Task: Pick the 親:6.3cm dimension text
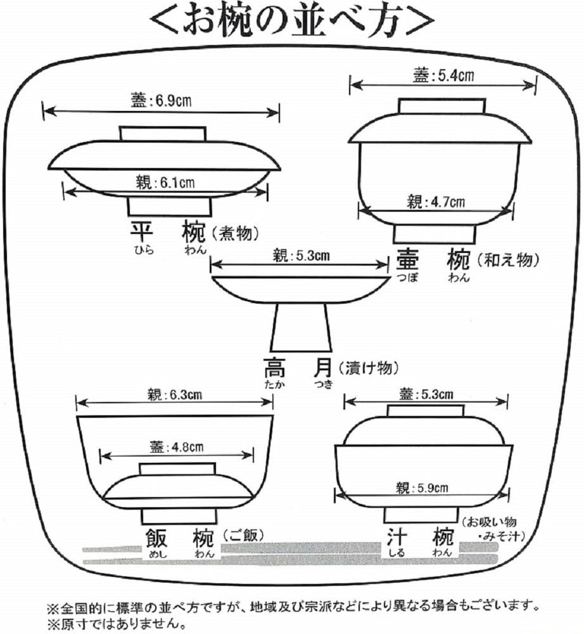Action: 174,394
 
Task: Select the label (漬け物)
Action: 367,367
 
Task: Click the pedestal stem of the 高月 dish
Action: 302,327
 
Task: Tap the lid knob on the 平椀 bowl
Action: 163,134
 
